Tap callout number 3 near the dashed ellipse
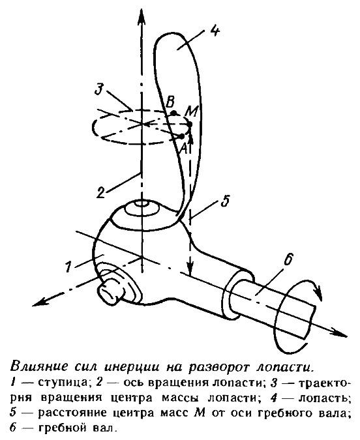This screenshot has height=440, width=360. pyautogui.click(x=100, y=88)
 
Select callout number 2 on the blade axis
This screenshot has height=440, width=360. pyautogui.click(x=101, y=192)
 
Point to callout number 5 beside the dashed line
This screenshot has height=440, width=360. pyautogui.click(x=225, y=200)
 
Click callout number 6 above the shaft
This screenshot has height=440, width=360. pyautogui.click(x=288, y=259)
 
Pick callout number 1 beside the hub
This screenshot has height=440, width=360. pyautogui.click(x=68, y=266)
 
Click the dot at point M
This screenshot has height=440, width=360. pyautogui.click(x=190, y=124)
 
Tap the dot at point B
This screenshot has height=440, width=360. pyautogui.click(x=174, y=113)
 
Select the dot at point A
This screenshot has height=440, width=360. pyautogui.click(x=182, y=136)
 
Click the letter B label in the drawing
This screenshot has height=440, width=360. pyautogui.click(x=170, y=103)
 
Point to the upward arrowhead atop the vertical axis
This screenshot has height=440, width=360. pyautogui.click(x=142, y=17)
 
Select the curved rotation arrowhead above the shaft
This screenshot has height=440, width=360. pyautogui.click(x=318, y=294)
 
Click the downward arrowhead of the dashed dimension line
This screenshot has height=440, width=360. pyautogui.click(x=190, y=267)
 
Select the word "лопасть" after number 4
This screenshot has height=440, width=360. pyautogui.click(x=323, y=398)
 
